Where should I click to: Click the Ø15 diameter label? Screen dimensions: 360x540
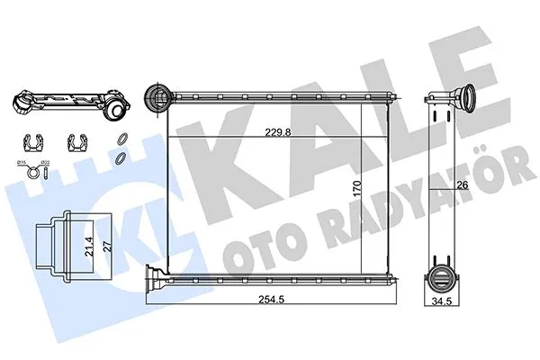(23, 160)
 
